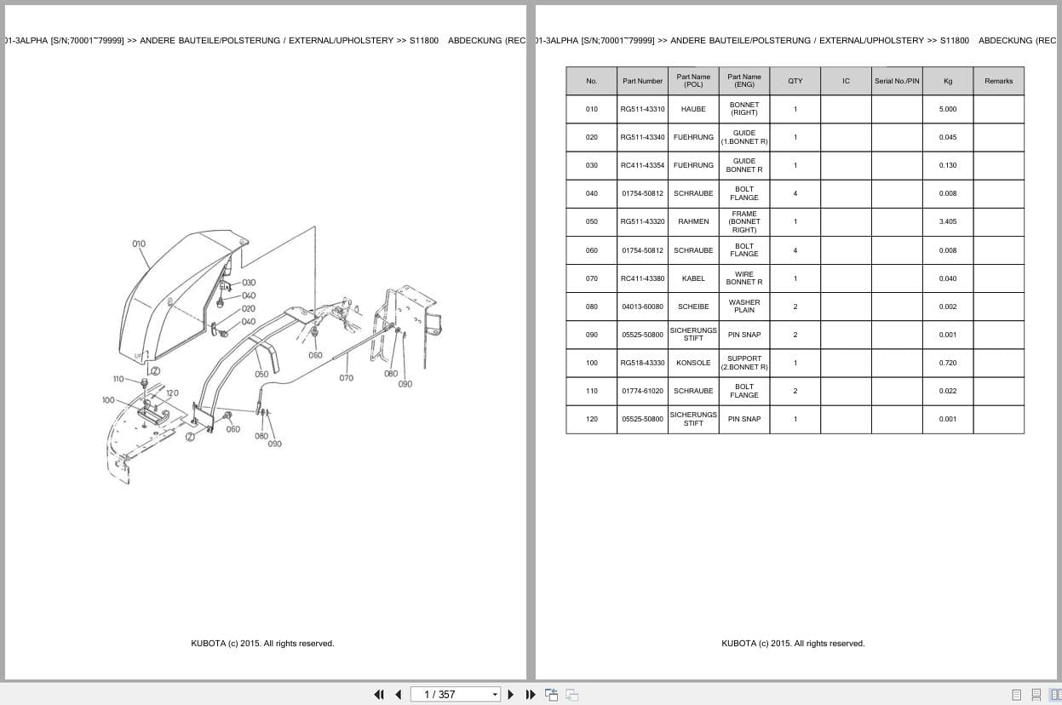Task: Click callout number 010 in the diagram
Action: pyautogui.click(x=139, y=244)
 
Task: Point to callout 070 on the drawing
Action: pyautogui.click(x=346, y=378)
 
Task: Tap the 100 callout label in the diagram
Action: pyautogui.click(x=108, y=399)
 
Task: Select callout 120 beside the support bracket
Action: pyautogui.click(x=172, y=393)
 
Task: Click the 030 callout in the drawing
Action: pyautogui.click(x=248, y=283)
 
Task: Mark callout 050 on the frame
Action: pyautogui.click(x=261, y=374)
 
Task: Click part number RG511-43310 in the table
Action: pyautogui.click(x=642, y=109)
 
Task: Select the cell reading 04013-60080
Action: pyautogui.click(x=642, y=307)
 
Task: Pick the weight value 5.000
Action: pyautogui.click(x=947, y=109)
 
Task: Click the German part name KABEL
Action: pyautogui.click(x=693, y=278)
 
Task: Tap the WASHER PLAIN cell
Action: pyautogui.click(x=743, y=307)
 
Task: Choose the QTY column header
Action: pyautogui.click(x=795, y=81)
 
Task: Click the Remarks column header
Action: pyautogui.click(x=998, y=81)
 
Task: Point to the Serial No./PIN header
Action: pyautogui.click(x=897, y=81)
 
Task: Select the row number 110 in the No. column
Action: pyautogui.click(x=591, y=391)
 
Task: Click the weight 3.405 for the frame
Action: pyautogui.click(x=947, y=221)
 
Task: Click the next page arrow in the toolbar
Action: pyautogui.click(x=511, y=694)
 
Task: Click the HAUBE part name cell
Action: pyautogui.click(x=693, y=109)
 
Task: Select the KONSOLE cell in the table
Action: pyautogui.click(x=693, y=363)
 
